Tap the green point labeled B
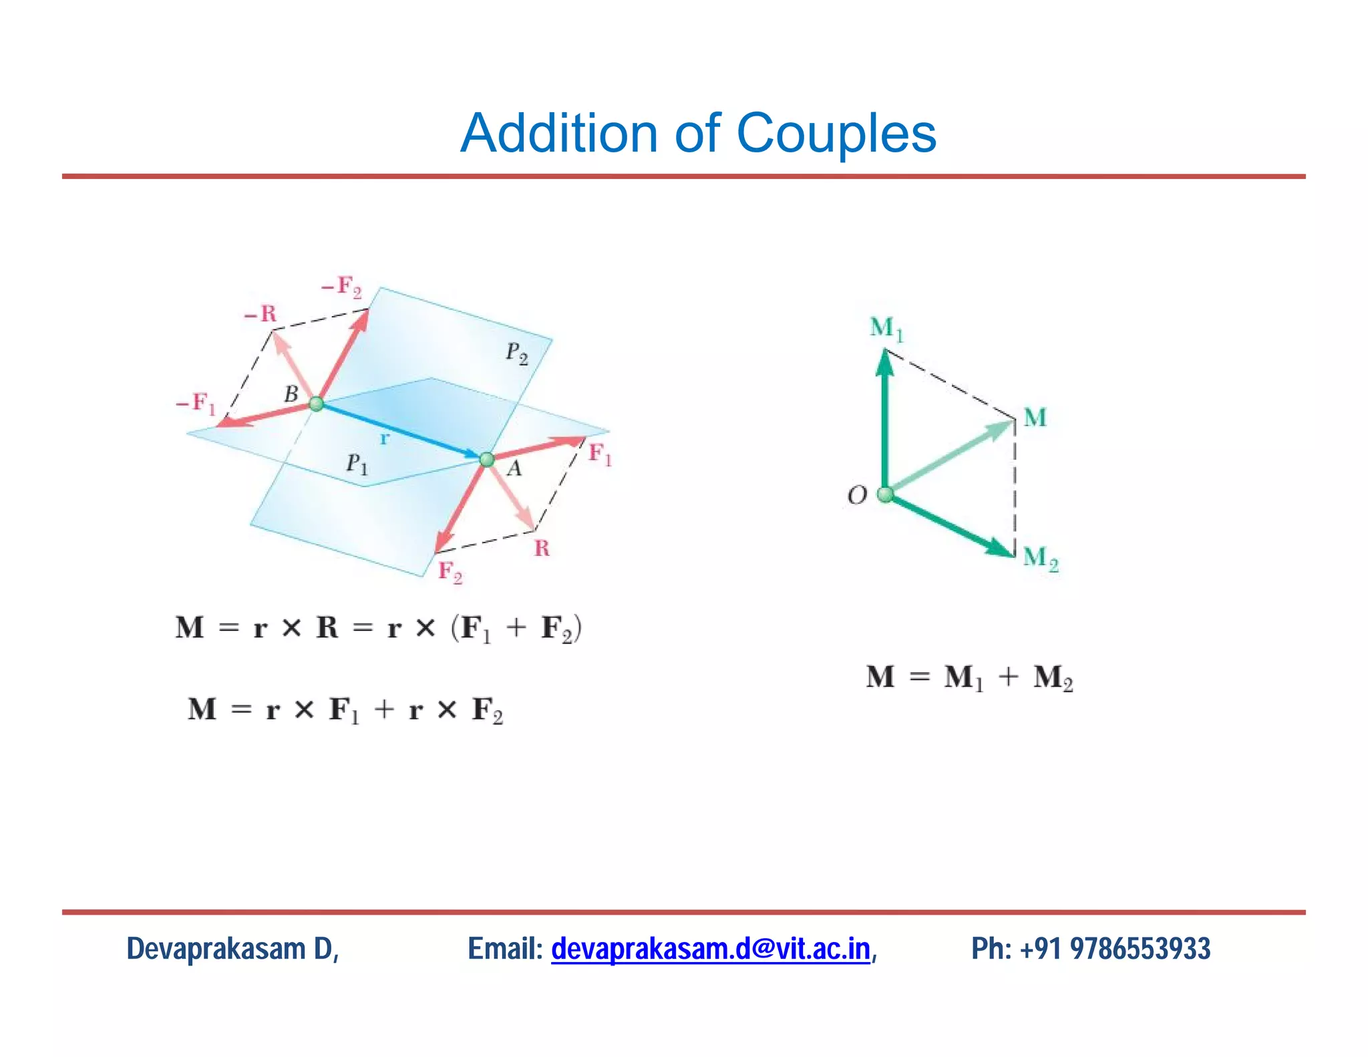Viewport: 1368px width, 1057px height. pyautogui.click(x=317, y=404)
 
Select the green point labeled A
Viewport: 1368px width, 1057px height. pyautogui.click(x=487, y=460)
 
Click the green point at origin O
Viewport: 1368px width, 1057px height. pyautogui.click(x=885, y=494)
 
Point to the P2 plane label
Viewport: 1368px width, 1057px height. pyautogui.click(x=516, y=353)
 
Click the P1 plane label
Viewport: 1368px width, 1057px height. pyautogui.click(x=357, y=463)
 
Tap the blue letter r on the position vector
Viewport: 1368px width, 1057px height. pyautogui.click(x=384, y=439)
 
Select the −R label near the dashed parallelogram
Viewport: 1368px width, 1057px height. pyautogui.click(x=260, y=313)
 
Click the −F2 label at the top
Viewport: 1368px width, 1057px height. pyautogui.click(x=341, y=287)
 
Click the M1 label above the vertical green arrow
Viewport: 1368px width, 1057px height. pyautogui.click(x=886, y=328)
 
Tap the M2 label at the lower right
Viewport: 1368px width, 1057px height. pyautogui.click(x=1040, y=559)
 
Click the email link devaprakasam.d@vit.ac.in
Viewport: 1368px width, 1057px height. pyautogui.click(x=710, y=949)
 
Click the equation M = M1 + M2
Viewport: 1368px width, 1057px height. pyautogui.click(x=969, y=677)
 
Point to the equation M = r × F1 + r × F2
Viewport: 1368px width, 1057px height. pyautogui.click(x=345, y=710)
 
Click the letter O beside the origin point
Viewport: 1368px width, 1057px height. pyautogui.click(x=857, y=495)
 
